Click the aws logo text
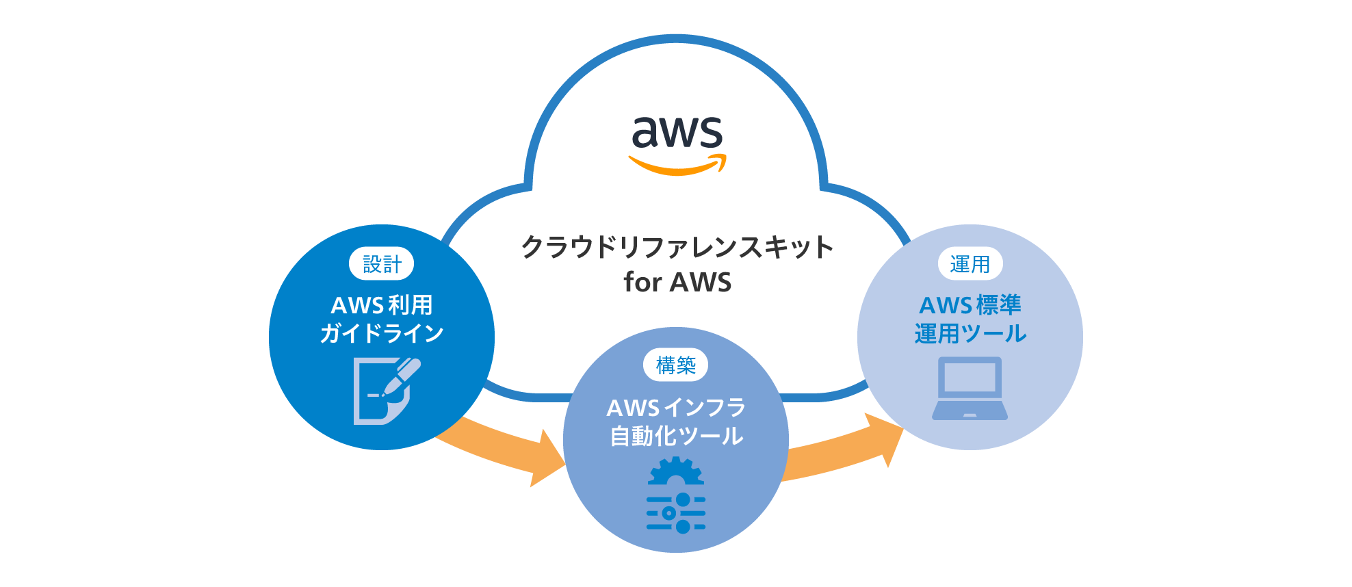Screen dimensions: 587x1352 coord(677,132)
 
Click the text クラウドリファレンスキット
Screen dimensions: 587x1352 coord(677,247)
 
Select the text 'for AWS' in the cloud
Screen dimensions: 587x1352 coord(677,282)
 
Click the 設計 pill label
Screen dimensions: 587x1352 coord(381,263)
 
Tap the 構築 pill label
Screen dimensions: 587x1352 coord(675,365)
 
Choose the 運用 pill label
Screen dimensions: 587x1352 coord(970,263)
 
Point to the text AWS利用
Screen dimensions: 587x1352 coord(381,304)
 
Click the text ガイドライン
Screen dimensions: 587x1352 coord(381,333)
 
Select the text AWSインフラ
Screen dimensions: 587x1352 coord(675,407)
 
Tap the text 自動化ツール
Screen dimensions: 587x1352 coord(675,436)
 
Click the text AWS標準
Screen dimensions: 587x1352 coord(970,304)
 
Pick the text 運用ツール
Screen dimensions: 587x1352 coord(970,333)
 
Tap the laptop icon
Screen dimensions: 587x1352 coord(970,388)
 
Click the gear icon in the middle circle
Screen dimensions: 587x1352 coord(675,472)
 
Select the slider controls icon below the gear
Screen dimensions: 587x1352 coord(675,513)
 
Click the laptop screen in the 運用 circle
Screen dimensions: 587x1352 coord(970,377)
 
